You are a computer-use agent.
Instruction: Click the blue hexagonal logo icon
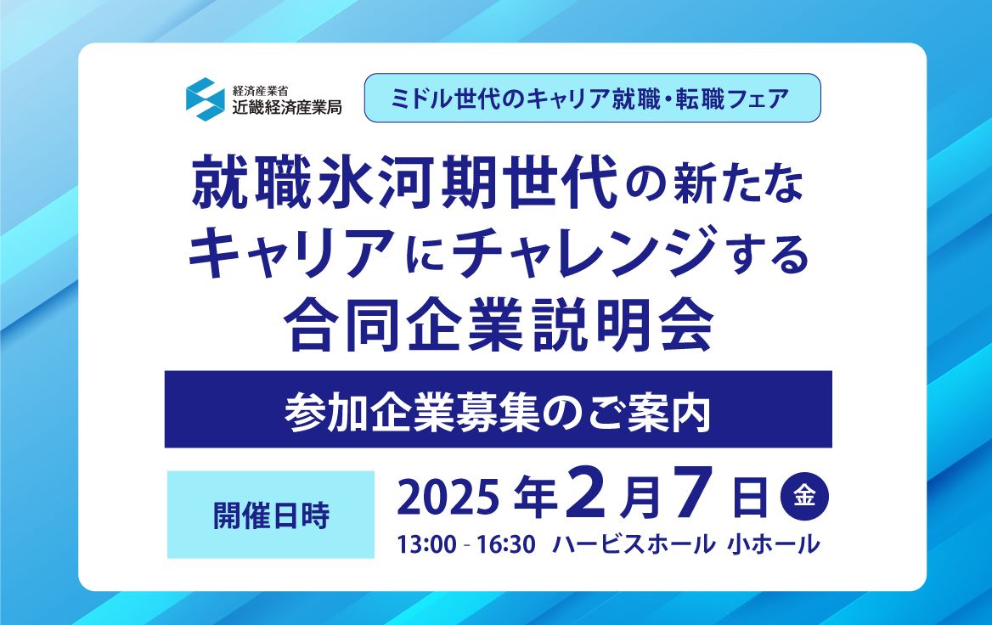click(x=205, y=99)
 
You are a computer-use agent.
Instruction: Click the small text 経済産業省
click(x=260, y=91)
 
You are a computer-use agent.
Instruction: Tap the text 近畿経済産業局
click(x=286, y=107)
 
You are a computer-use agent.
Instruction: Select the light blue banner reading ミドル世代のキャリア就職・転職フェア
click(x=592, y=98)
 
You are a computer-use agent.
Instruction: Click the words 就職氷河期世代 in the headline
click(x=404, y=183)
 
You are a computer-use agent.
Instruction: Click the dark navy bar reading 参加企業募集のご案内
click(x=498, y=409)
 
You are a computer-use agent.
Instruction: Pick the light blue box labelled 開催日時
click(x=271, y=515)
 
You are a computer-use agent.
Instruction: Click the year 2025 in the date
click(x=448, y=498)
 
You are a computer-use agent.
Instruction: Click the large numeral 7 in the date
click(x=688, y=493)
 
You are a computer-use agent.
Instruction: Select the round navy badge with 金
click(x=805, y=495)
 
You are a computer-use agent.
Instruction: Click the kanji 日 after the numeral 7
click(x=750, y=498)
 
